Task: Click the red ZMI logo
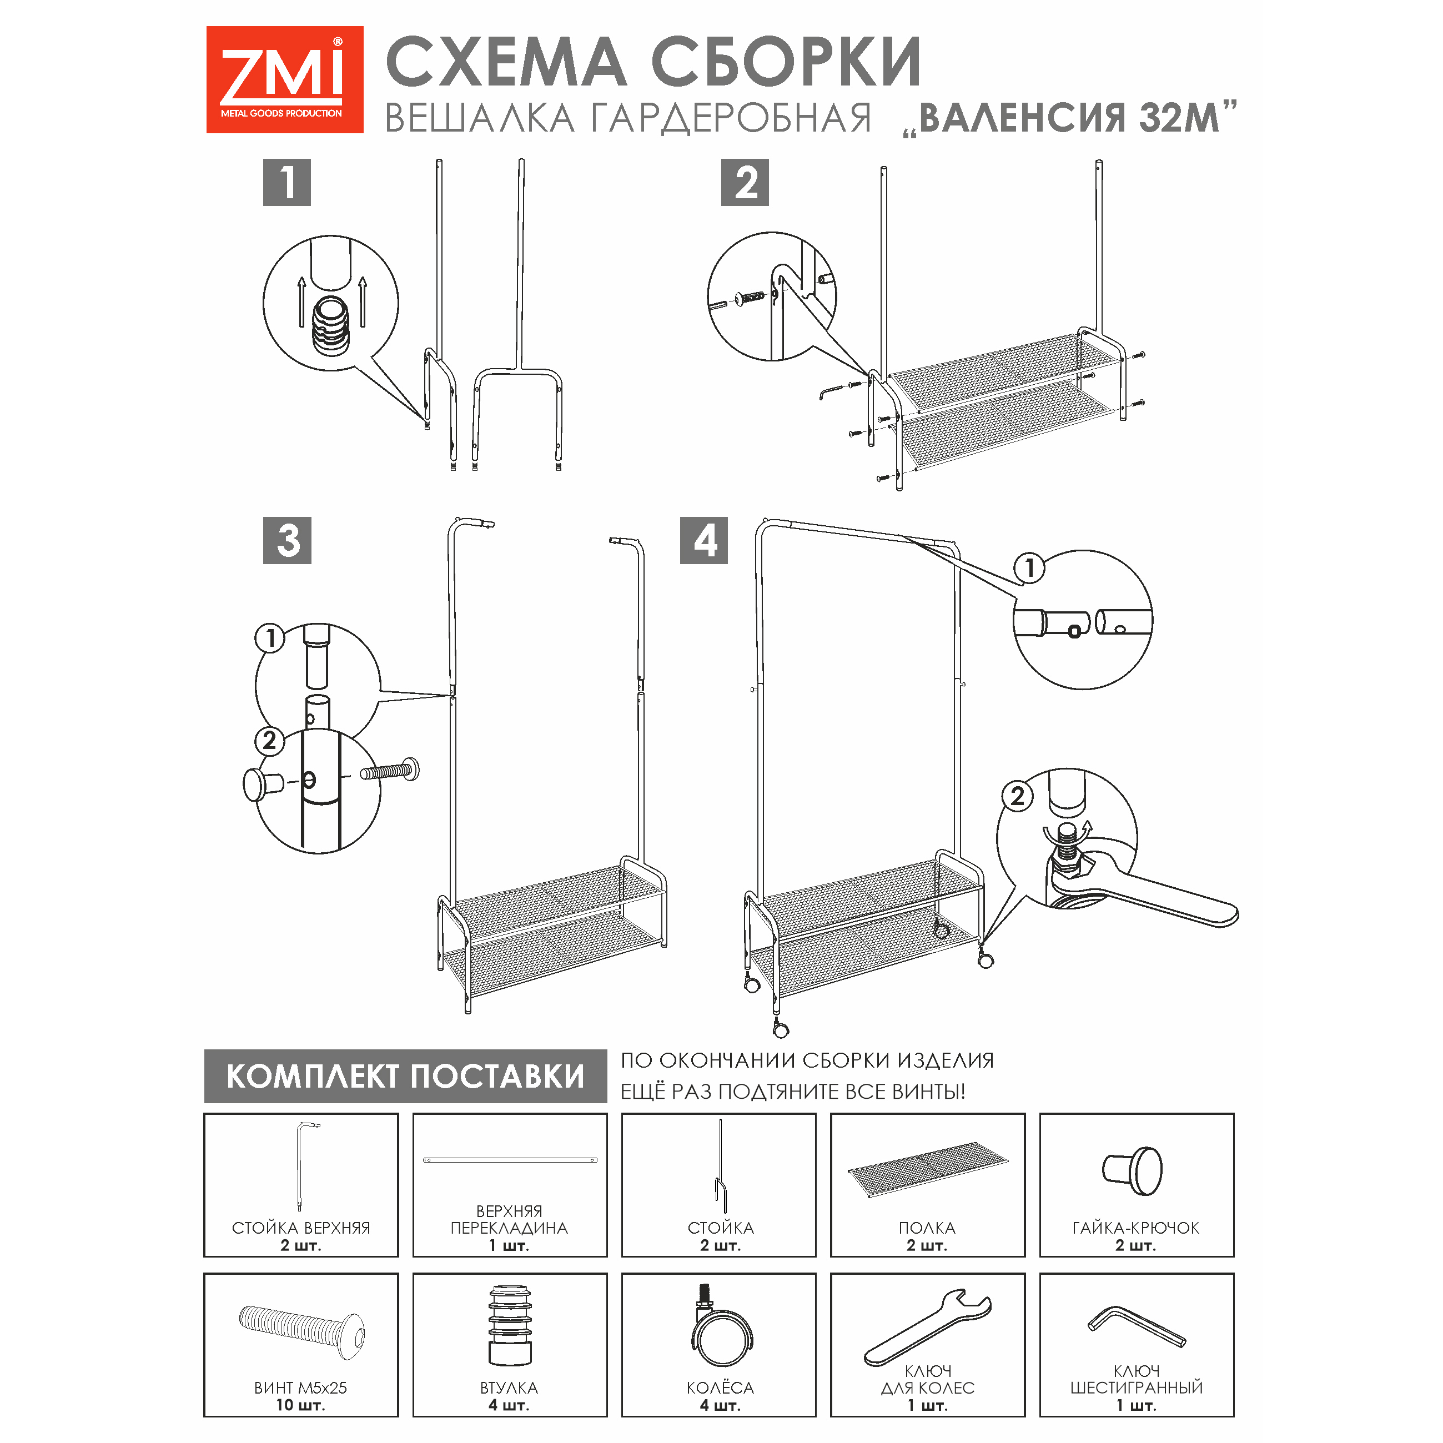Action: point(285,80)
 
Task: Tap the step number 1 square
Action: point(287,182)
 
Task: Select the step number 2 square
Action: point(745,182)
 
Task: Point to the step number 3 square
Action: point(287,540)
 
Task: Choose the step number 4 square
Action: point(703,540)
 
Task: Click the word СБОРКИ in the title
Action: point(787,62)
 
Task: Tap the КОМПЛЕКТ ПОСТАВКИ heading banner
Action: point(405,1075)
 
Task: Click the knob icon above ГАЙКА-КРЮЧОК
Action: point(1132,1171)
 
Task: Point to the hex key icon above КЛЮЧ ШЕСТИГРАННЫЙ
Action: point(1136,1326)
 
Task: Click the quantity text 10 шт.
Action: point(300,1405)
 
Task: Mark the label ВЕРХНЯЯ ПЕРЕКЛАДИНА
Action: point(509,1219)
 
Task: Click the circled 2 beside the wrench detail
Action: point(1017,796)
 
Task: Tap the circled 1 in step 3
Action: point(270,638)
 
